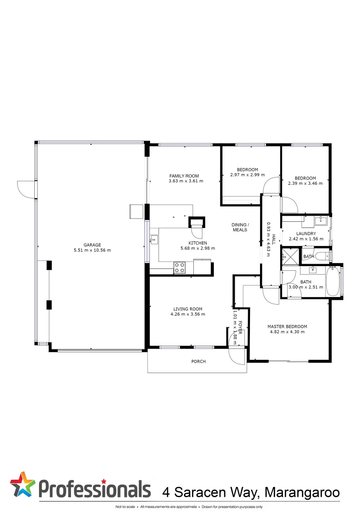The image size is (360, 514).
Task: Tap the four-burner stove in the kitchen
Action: pos(180,268)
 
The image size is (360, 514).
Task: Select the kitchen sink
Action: pos(154,240)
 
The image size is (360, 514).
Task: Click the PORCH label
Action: pos(199,362)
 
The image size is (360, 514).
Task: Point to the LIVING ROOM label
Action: pos(188,309)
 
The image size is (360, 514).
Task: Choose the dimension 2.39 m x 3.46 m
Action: pos(305,183)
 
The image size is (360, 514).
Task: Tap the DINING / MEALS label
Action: pos(240,227)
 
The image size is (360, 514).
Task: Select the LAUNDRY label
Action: pos(306,233)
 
